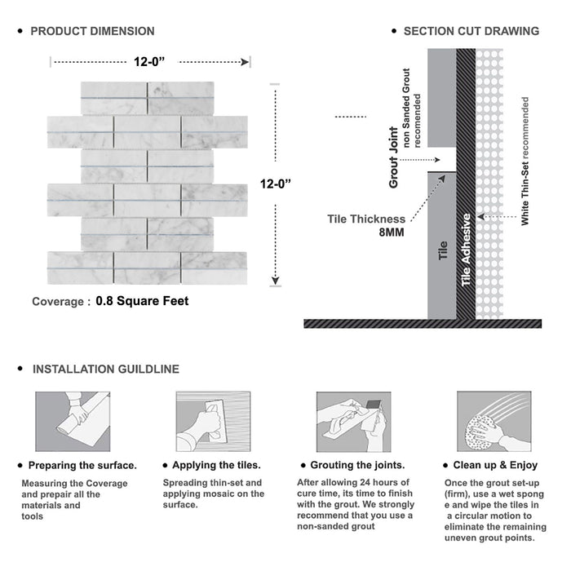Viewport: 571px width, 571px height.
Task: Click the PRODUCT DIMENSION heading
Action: coord(92,31)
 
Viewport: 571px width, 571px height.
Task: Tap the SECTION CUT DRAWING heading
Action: coord(471,31)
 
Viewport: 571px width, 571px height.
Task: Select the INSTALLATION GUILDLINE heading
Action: coord(106,370)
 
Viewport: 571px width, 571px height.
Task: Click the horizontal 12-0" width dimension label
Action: coord(149,62)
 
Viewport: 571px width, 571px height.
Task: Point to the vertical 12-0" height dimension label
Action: coord(276,184)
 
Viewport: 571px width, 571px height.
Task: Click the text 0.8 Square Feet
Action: coord(142,301)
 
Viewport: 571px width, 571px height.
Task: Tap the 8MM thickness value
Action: coord(392,232)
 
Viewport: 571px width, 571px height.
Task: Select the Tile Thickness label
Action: coord(366,219)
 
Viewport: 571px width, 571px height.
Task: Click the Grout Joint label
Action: coord(394,157)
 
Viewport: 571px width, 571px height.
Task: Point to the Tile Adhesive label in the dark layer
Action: coord(466,250)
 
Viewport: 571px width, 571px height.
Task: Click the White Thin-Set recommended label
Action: coord(525,161)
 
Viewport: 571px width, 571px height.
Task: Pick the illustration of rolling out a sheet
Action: coord(73,422)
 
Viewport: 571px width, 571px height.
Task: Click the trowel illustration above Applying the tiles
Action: coord(214,422)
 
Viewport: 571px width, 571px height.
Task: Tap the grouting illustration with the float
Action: coord(353,422)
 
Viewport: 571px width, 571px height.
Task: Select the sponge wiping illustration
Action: coord(494,422)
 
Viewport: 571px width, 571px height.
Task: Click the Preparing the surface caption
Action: coord(82,466)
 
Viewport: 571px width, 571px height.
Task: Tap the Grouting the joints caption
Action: coord(357,465)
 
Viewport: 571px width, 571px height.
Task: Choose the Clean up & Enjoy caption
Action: coord(495,465)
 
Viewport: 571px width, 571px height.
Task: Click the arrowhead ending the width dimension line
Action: coord(246,62)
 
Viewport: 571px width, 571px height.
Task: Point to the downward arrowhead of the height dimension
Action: coord(276,281)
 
